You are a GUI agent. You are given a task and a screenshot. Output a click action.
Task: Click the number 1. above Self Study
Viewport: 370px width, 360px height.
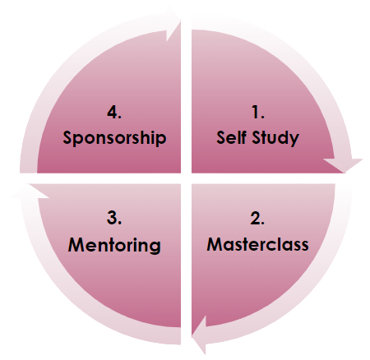(x=257, y=113)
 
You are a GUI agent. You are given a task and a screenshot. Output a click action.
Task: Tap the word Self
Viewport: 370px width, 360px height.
(x=231, y=137)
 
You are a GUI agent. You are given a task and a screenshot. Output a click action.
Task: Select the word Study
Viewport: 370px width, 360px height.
(x=275, y=138)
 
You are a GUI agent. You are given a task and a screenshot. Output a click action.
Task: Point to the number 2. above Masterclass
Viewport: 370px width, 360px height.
(x=257, y=219)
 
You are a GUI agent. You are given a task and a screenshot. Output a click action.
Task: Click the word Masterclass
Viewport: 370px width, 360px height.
(x=257, y=244)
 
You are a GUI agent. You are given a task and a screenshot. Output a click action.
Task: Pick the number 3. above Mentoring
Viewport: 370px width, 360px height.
(x=114, y=219)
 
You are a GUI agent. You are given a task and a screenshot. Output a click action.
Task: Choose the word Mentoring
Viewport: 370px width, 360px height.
(x=114, y=246)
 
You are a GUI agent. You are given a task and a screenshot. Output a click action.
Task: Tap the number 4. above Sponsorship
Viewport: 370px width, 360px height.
(x=114, y=113)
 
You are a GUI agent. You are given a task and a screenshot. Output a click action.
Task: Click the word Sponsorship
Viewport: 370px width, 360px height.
(x=114, y=138)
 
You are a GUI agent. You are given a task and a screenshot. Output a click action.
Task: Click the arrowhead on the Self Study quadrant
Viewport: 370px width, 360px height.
(x=344, y=165)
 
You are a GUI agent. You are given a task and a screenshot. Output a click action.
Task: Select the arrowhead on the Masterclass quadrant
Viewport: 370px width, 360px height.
(x=200, y=335)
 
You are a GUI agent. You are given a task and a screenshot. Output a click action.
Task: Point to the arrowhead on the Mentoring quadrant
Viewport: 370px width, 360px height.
(x=30, y=191)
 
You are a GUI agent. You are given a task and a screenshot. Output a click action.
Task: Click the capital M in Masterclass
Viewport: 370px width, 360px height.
(x=215, y=244)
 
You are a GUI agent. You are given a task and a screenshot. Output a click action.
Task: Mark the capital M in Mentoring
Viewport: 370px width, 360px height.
(x=76, y=244)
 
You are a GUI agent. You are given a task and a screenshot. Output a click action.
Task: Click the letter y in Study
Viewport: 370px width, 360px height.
(x=294, y=140)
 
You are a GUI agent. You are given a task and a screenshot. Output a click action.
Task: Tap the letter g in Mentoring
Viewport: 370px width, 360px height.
(x=155, y=247)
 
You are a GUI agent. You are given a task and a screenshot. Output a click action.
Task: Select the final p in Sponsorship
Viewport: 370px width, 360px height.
(x=161, y=140)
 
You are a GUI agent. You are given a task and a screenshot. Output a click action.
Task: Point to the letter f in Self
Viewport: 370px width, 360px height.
(x=243, y=137)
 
